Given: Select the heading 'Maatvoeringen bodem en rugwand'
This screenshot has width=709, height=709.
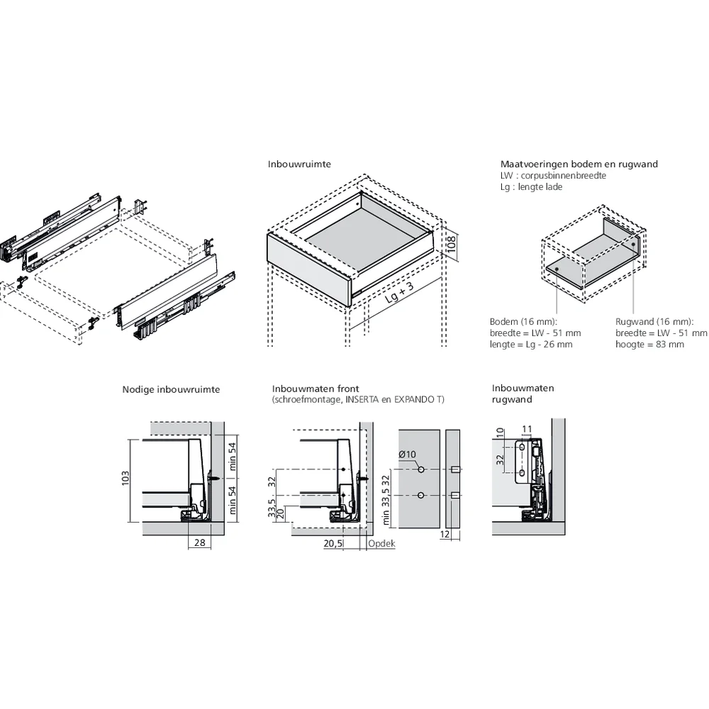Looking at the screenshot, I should point(579,164).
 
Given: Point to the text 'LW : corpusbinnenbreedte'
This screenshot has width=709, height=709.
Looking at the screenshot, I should point(553,175).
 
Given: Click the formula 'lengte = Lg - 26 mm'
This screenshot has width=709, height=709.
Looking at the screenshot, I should point(531,345).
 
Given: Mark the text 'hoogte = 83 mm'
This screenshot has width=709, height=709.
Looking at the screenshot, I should point(649,345).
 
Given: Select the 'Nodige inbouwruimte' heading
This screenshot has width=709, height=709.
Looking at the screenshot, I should point(171,389).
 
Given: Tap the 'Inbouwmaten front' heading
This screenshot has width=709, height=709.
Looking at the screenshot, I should point(316,389).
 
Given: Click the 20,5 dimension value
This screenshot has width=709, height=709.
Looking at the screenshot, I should point(333,544).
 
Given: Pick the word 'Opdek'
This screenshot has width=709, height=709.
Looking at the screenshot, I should point(381,544).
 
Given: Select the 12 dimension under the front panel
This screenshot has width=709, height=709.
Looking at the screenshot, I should point(445,535).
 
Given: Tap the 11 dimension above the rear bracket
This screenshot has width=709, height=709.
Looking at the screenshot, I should point(526,429).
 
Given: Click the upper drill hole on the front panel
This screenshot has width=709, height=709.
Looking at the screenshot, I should point(421,469).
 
